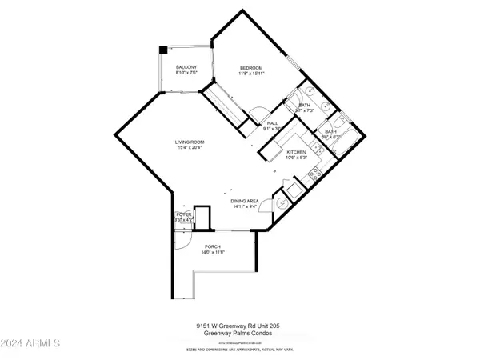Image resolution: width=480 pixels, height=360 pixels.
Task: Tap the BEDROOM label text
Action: [251, 67]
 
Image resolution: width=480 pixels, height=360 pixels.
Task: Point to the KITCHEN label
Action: [298, 152]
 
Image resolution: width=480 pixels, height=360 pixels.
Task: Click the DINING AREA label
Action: [245, 202]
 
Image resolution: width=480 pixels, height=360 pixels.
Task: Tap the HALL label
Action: [272, 122]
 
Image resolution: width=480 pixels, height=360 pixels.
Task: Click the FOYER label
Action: [183, 215]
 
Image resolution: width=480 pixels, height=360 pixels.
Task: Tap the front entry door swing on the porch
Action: [183, 237]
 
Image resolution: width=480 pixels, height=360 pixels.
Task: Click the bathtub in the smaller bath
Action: [341, 124]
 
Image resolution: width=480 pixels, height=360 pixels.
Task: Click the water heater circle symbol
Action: [281, 203]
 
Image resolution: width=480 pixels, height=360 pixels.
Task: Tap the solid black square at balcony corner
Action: [163, 49]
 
